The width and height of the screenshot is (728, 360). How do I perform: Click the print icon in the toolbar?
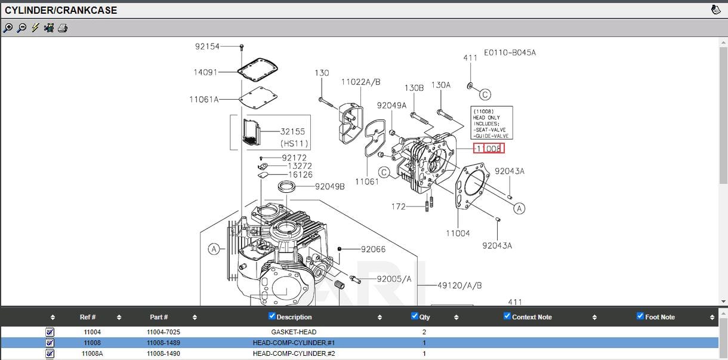(x=63, y=28)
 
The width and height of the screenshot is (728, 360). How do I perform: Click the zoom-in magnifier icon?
(x=8, y=28)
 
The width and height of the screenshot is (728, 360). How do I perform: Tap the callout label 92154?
(x=207, y=46)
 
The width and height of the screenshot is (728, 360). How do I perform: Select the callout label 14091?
(x=205, y=72)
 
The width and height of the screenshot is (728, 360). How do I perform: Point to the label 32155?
(x=292, y=132)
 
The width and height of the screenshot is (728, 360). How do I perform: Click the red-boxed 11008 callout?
(x=489, y=148)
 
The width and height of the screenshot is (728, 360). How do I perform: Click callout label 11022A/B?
(x=360, y=82)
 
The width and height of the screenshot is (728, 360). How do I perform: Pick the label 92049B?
(x=329, y=186)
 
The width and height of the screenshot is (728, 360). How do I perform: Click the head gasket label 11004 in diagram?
(x=458, y=233)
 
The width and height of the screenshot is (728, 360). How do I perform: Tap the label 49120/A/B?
(x=459, y=285)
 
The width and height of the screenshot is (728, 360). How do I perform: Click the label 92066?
(x=373, y=249)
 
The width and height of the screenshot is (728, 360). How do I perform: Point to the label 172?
(x=398, y=207)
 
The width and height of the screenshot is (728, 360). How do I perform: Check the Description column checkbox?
(x=272, y=316)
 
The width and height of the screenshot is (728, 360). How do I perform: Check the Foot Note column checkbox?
(x=640, y=316)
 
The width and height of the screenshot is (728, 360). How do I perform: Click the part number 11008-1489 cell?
(x=164, y=343)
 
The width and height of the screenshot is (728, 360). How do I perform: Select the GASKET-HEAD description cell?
(x=294, y=332)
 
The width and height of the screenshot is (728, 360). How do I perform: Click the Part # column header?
(x=159, y=317)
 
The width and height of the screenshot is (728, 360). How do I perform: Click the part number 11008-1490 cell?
(x=164, y=353)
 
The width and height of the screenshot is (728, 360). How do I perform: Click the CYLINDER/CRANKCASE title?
(x=61, y=10)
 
